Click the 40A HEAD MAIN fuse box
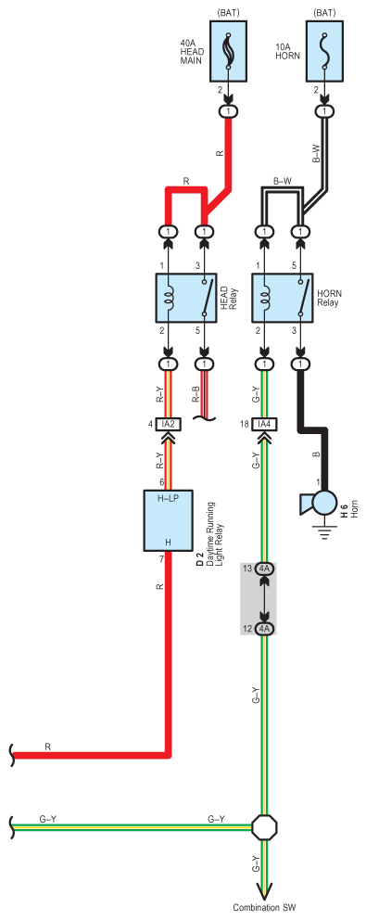[x=228, y=52]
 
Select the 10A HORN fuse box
[x=323, y=52]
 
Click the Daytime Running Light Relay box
[x=169, y=520]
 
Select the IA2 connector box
[x=169, y=424]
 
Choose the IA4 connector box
[x=264, y=424]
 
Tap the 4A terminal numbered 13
[x=264, y=569]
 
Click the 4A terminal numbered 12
[x=264, y=629]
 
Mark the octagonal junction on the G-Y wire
[x=264, y=827]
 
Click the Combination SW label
[x=264, y=908]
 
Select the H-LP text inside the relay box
[x=168, y=499]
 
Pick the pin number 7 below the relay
[x=161, y=558]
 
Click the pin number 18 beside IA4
[x=246, y=424]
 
